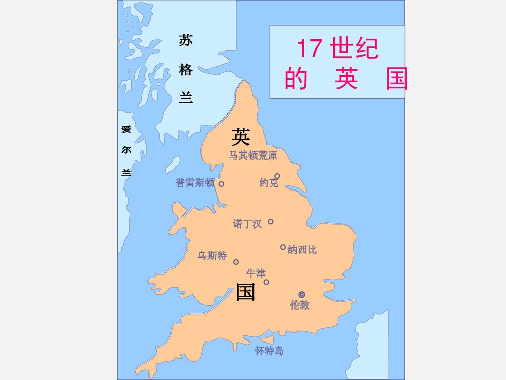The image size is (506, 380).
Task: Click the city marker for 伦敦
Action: click(302, 294)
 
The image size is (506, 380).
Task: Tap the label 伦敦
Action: click(300, 305)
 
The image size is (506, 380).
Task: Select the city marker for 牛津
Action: click(266, 282)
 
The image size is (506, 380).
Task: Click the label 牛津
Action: click(256, 273)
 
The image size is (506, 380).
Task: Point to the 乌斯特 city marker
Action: click(236, 262)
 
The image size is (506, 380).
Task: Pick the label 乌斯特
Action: click(212, 256)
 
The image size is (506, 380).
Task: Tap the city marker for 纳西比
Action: click(283, 247)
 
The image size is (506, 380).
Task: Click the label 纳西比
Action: click(302, 249)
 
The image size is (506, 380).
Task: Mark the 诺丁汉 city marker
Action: click(271, 221)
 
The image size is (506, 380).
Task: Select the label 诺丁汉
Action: click(247, 223)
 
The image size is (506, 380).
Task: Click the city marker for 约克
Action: click(277, 176)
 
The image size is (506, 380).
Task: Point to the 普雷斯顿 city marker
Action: click(221, 184)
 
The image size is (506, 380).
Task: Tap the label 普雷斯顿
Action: click(195, 183)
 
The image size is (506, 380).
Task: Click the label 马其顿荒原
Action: click(252, 155)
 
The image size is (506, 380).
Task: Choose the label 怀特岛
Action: click(269, 350)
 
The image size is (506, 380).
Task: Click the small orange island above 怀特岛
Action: click(267, 339)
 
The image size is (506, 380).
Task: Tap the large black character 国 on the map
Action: click(246, 292)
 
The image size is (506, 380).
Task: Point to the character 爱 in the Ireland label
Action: click(126, 129)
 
